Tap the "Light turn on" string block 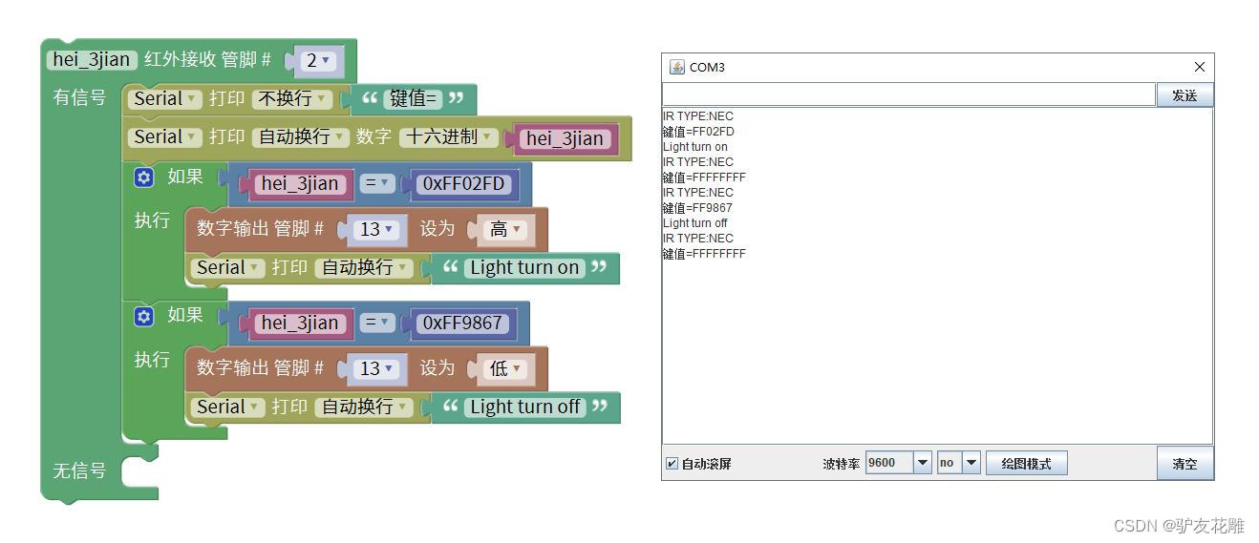524,268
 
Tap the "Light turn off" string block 524,407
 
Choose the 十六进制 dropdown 448,137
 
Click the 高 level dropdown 503,230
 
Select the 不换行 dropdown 292,99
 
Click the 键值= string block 414,99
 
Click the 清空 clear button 1184,464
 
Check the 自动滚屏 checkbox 672,464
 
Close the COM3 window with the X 1200,67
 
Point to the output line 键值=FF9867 697,208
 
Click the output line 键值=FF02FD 698,132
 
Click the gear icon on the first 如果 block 144,178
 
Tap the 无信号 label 79,471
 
